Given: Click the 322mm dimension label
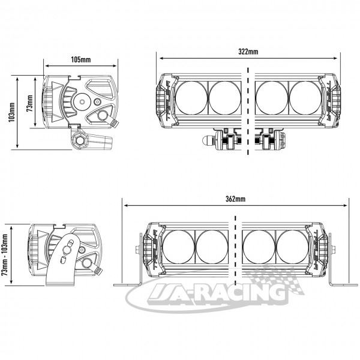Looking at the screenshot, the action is pyautogui.click(x=248, y=52).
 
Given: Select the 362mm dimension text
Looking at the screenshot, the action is pyautogui.click(x=235, y=199).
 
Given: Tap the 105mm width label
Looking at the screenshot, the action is pyautogui.click(x=81, y=59).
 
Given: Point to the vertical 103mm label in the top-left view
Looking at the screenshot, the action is pyautogui.click(x=12, y=112).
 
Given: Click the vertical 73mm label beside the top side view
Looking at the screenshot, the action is pyautogui.click(x=29, y=103).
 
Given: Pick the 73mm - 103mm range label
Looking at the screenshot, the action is pyautogui.click(x=5, y=255).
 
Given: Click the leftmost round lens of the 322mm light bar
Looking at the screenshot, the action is pyautogui.click(x=191, y=98).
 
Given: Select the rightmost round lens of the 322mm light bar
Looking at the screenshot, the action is pyautogui.click(x=305, y=98).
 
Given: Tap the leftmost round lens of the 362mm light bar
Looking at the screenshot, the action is pyautogui.click(x=178, y=247).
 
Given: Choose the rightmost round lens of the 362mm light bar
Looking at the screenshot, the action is pyautogui.click(x=293, y=247).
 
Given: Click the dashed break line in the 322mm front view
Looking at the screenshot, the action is pyautogui.click(x=248, y=112).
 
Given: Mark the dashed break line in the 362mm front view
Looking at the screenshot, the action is pyautogui.click(x=235, y=251).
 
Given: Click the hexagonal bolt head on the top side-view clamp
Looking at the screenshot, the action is pyautogui.click(x=80, y=140).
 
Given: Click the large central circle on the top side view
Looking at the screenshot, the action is pyautogui.click(x=82, y=101).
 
